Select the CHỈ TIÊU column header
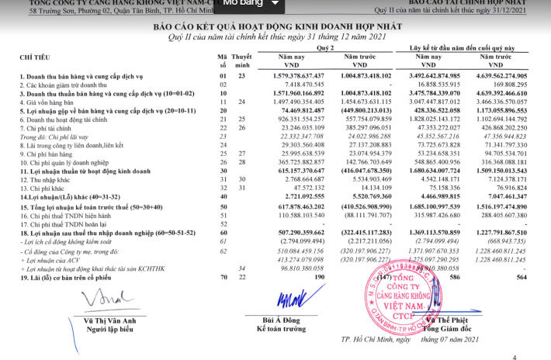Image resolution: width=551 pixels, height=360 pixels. tap(34, 57)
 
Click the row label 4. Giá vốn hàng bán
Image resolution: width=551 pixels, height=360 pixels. tap(53, 101)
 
